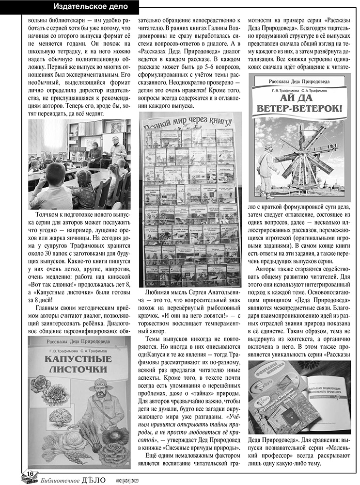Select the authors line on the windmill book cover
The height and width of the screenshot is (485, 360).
(x=302, y=91)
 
